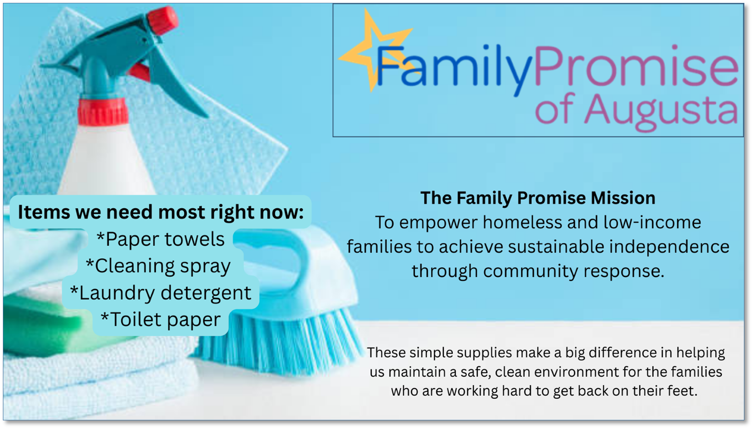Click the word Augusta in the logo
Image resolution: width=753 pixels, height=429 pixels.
click(661, 111)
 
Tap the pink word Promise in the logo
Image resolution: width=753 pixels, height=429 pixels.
click(636, 66)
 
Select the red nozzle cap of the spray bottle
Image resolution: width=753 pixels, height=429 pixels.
click(163, 20)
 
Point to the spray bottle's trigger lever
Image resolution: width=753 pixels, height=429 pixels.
click(175, 84)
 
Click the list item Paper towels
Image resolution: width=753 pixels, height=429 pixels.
click(160, 239)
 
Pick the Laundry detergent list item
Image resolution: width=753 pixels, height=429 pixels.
click(160, 293)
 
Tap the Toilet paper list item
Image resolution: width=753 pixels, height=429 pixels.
click(161, 320)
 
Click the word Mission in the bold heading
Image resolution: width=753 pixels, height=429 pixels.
click(623, 198)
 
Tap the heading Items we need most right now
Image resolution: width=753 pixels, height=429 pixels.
click(161, 213)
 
